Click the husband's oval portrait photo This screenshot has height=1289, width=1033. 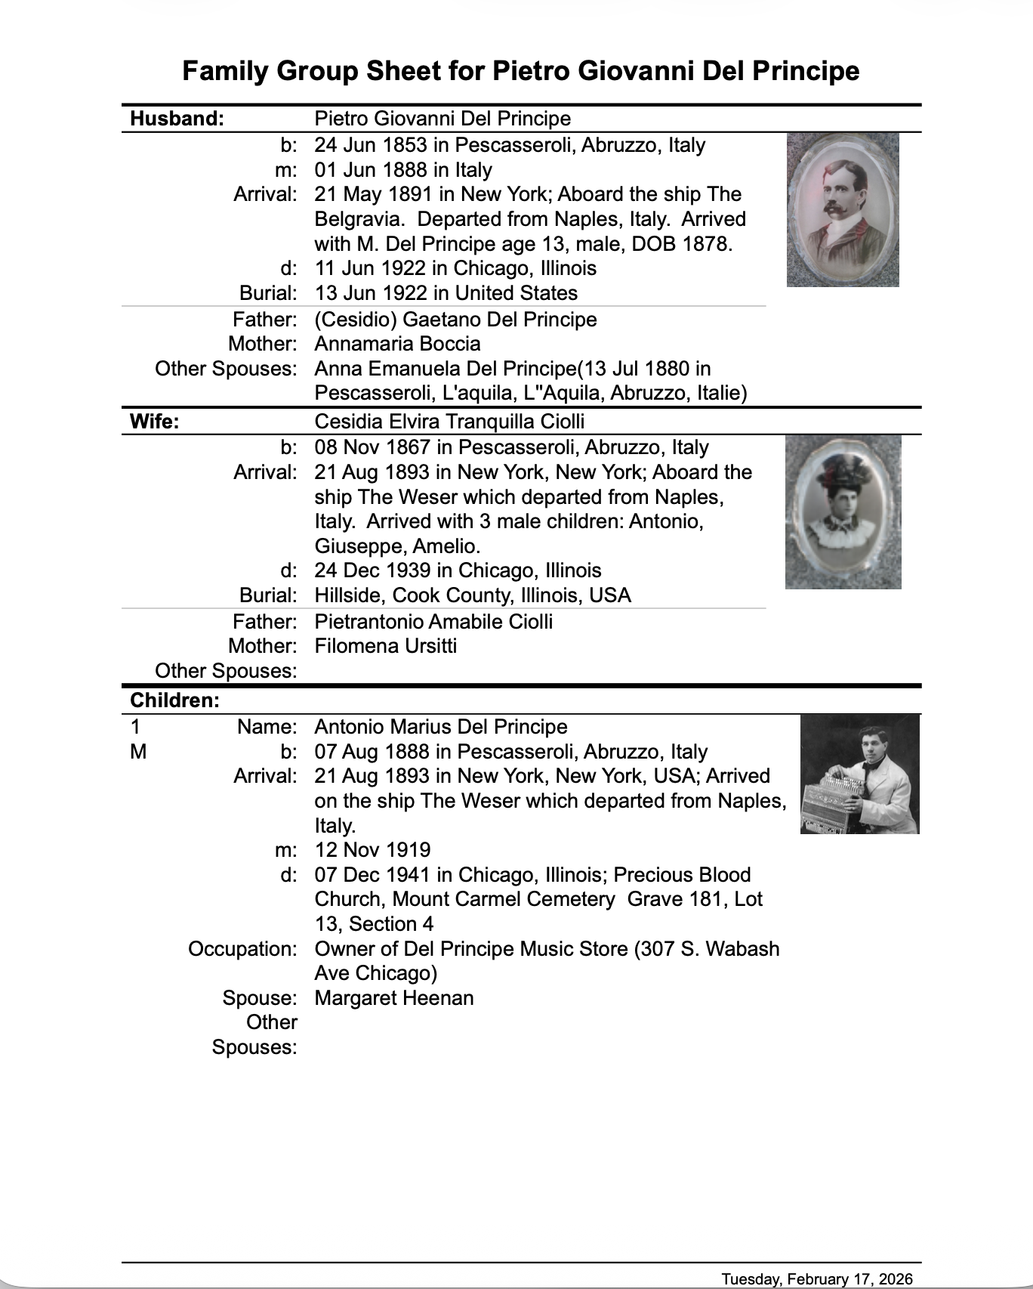click(843, 209)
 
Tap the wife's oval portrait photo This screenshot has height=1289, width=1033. click(843, 512)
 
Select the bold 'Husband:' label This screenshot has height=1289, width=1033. click(177, 119)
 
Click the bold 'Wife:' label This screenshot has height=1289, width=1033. click(155, 422)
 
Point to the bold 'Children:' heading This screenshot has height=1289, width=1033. click(175, 700)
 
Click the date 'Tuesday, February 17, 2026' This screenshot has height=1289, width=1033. click(816, 1278)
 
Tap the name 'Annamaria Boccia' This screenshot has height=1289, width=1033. click(397, 344)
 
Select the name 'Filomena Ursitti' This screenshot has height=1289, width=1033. click(385, 646)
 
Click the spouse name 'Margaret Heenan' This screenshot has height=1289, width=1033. click(394, 998)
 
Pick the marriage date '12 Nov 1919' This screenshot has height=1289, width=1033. click(372, 850)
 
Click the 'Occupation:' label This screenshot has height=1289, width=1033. click(242, 949)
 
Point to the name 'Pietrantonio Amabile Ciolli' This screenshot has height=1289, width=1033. click(433, 622)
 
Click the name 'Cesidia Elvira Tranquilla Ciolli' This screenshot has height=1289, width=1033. click(449, 422)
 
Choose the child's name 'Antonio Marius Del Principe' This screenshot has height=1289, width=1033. click(441, 727)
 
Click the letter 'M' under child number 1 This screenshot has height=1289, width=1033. click(138, 752)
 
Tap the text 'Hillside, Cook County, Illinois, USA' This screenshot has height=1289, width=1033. click(473, 595)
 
